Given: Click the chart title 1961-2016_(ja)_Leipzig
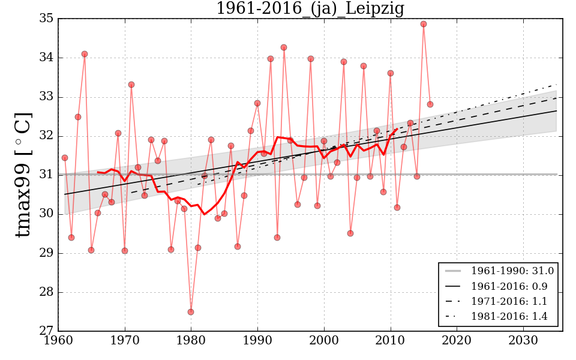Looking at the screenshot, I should click(x=310, y=8).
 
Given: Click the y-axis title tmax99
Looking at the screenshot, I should click(x=22, y=175).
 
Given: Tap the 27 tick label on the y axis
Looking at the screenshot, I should click(x=46, y=331).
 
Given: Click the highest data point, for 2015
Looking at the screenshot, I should click(x=424, y=24).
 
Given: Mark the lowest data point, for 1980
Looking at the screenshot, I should click(x=191, y=312).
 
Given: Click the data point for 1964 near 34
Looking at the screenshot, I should click(x=85, y=54).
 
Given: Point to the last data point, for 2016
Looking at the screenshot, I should click(x=430, y=104).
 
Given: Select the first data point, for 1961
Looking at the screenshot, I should click(x=65, y=158).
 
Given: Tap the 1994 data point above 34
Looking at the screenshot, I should click(x=284, y=47).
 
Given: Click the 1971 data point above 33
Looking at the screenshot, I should click(x=131, y=85).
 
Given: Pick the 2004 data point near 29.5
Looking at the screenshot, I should click(x=350, y=233).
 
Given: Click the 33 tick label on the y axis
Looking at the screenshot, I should click(x=46, y=97).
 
